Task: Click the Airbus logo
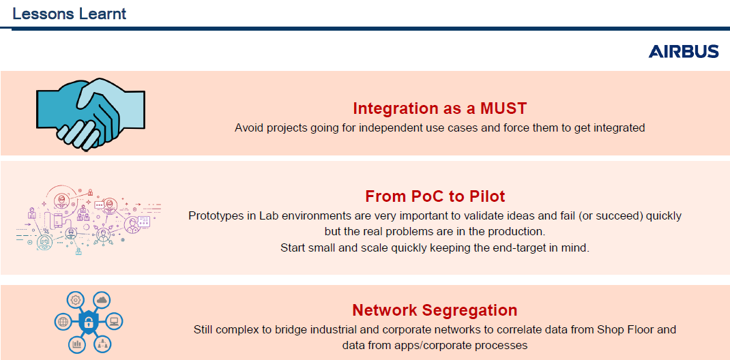point(684,52)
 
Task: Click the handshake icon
point(91,114)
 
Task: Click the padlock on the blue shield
point(87,321)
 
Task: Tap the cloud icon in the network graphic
point(102,300)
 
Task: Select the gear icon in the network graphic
point(75,300)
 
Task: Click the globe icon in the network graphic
point(62,321)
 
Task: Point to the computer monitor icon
point(115,321)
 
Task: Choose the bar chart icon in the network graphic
point(76,344)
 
